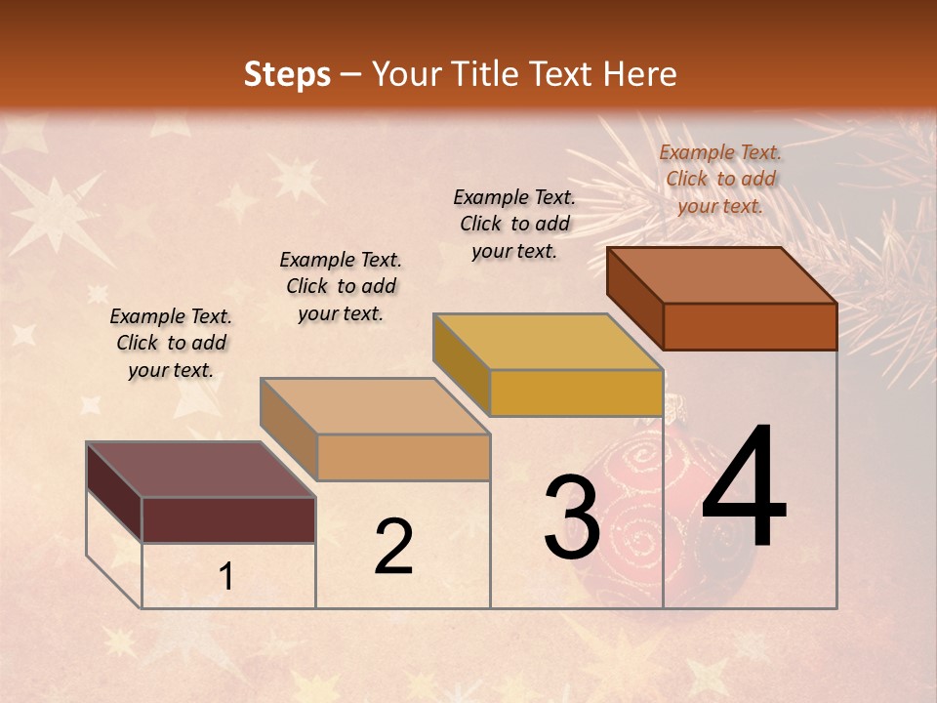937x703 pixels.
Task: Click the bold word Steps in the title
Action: pyautogui.click(x=287, y=74)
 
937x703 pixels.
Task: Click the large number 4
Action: pyautogui.click(x=744, y=488)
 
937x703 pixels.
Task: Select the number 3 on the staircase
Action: pyautogui.click(x=571, y=517)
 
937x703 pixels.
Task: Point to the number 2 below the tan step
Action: pyautogui.click(x=393, y=547)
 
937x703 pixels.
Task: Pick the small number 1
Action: pyautogui.click(x=226, y=577)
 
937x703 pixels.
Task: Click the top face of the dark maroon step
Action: pyautogui.click(x=200, y=470)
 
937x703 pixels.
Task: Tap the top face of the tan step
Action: pyautogui.click(x=375, y=406)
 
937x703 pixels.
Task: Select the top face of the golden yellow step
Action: pyautogui.click(x=548, y=342)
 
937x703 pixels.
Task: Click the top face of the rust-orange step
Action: pyautogui.click(x=722, y=275)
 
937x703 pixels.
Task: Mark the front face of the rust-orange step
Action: pyautogui.click(x=750, y=326)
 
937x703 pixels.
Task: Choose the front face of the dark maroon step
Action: pyautogui.click(x=228, y=519)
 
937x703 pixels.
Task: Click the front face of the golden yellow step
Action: pyautogui.click(x=576, y=393)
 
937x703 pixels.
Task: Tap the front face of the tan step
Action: pyautogui.click(x=403, y=457)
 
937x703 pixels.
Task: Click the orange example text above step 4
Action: pyautogui.click(x=720, y=179)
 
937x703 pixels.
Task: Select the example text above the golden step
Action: pyautogui.click(x=514, y=224)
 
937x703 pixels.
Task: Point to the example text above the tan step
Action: pyautogui.click(x=341, y=286)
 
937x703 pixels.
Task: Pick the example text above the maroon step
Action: pyautogui.click(x=171, y=343)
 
